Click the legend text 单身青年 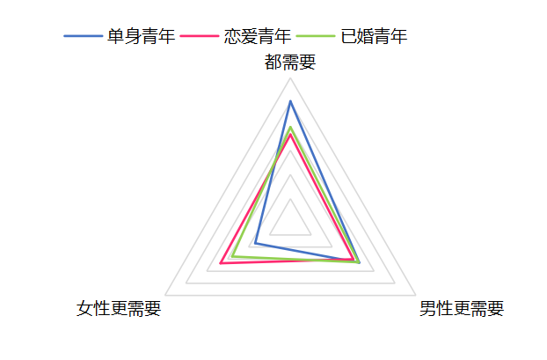(141, 36)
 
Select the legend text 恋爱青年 (258, 36)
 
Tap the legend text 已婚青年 (374, 36)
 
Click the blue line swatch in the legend (83, 36)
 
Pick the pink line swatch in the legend (200, 36)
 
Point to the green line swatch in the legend (316, 36)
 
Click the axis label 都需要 (290, 62)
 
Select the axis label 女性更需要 (119, 308)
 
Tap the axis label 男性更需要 (462, 308)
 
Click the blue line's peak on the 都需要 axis (290, 101)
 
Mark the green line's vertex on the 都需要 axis (290, 127)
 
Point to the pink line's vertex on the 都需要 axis (290, 135)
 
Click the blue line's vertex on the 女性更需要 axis (256, 243)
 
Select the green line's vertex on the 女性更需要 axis (233, 257)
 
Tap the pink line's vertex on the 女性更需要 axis (221, 263)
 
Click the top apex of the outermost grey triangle (290, 78)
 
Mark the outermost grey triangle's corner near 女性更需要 (165, 296)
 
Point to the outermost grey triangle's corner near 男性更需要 (415, 296)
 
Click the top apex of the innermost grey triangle (290, 199)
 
